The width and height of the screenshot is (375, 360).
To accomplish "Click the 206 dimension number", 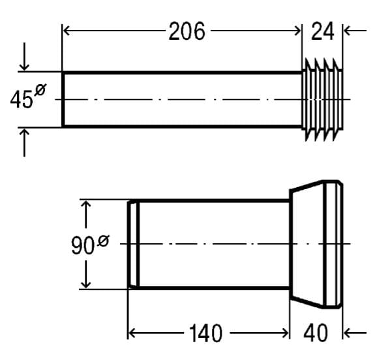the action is (187, 31).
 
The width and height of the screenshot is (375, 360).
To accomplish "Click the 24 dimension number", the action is (322, 31).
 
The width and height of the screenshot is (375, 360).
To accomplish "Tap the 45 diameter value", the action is (22, 99).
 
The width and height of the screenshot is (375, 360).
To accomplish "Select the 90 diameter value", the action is (83, 245).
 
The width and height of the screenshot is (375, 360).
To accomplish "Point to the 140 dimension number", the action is (205, 333).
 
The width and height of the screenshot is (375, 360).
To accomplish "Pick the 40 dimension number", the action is (316, 333).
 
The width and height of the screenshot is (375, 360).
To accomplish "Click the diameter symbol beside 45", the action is (40, 90).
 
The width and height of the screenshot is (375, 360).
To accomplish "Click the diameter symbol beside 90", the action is (103, 241).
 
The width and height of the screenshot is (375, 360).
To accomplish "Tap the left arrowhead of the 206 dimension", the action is (67, 31).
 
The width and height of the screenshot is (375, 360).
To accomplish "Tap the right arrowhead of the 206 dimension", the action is (297, 31).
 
